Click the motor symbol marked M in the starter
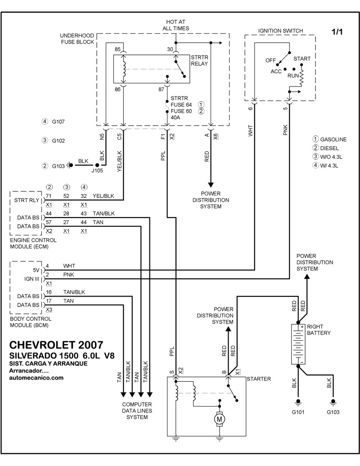[220, 419]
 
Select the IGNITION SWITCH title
[280, 31]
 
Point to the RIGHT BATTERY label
[319, 330]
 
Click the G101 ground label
[298, 412]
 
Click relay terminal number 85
[117, 49]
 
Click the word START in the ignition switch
[301, 59]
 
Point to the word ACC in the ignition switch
[276, 72]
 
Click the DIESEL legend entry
[330, 148]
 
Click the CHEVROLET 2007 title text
[56, 345]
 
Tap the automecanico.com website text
[36, 378]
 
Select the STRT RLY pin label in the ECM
[26, 200]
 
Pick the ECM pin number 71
[49, 195]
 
